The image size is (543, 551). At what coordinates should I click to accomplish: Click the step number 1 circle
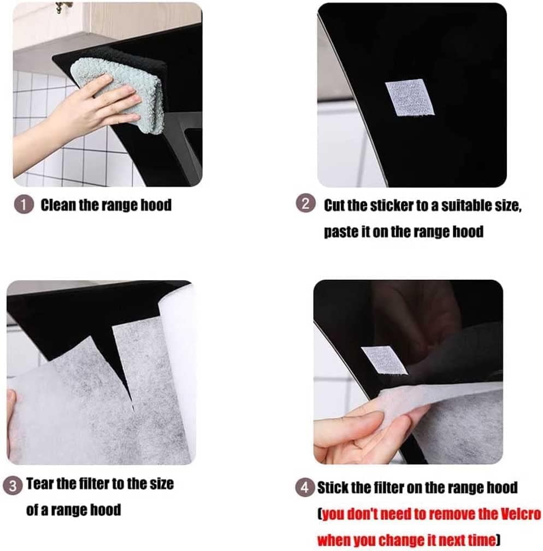click(x=24, y=205)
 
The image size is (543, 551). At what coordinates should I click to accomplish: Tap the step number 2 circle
click(x=305, y=204)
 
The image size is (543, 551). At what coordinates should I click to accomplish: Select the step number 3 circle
click(x=13, y=485)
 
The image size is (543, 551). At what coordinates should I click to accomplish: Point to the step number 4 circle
click(x=304, y=488)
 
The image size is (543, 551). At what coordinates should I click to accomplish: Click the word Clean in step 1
click(x=58, y=205)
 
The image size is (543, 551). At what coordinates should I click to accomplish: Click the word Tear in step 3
click(x=40, y=484)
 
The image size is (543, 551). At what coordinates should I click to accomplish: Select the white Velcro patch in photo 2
click(x=410, y=97)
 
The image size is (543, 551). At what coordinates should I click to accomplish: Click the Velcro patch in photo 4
click(x=384, y=361)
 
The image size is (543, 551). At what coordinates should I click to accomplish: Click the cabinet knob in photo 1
click(x=63, y=7)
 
